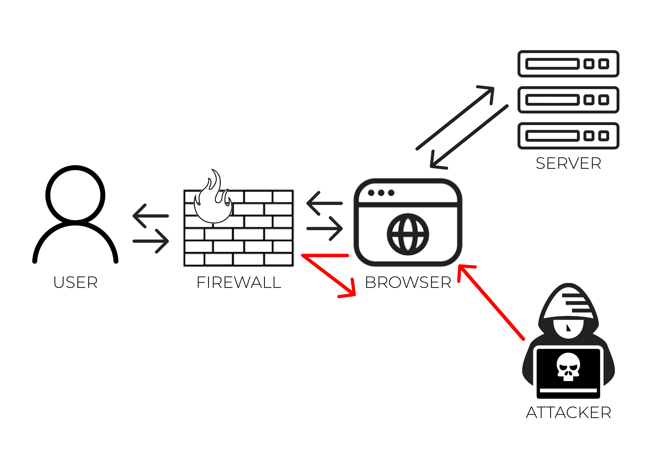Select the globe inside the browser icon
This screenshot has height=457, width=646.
408,234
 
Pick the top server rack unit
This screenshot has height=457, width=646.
568,64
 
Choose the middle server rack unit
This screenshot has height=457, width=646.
568,100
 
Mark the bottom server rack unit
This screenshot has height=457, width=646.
568,136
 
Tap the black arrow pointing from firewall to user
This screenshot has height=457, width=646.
151,216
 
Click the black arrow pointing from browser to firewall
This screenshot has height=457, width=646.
324,203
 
